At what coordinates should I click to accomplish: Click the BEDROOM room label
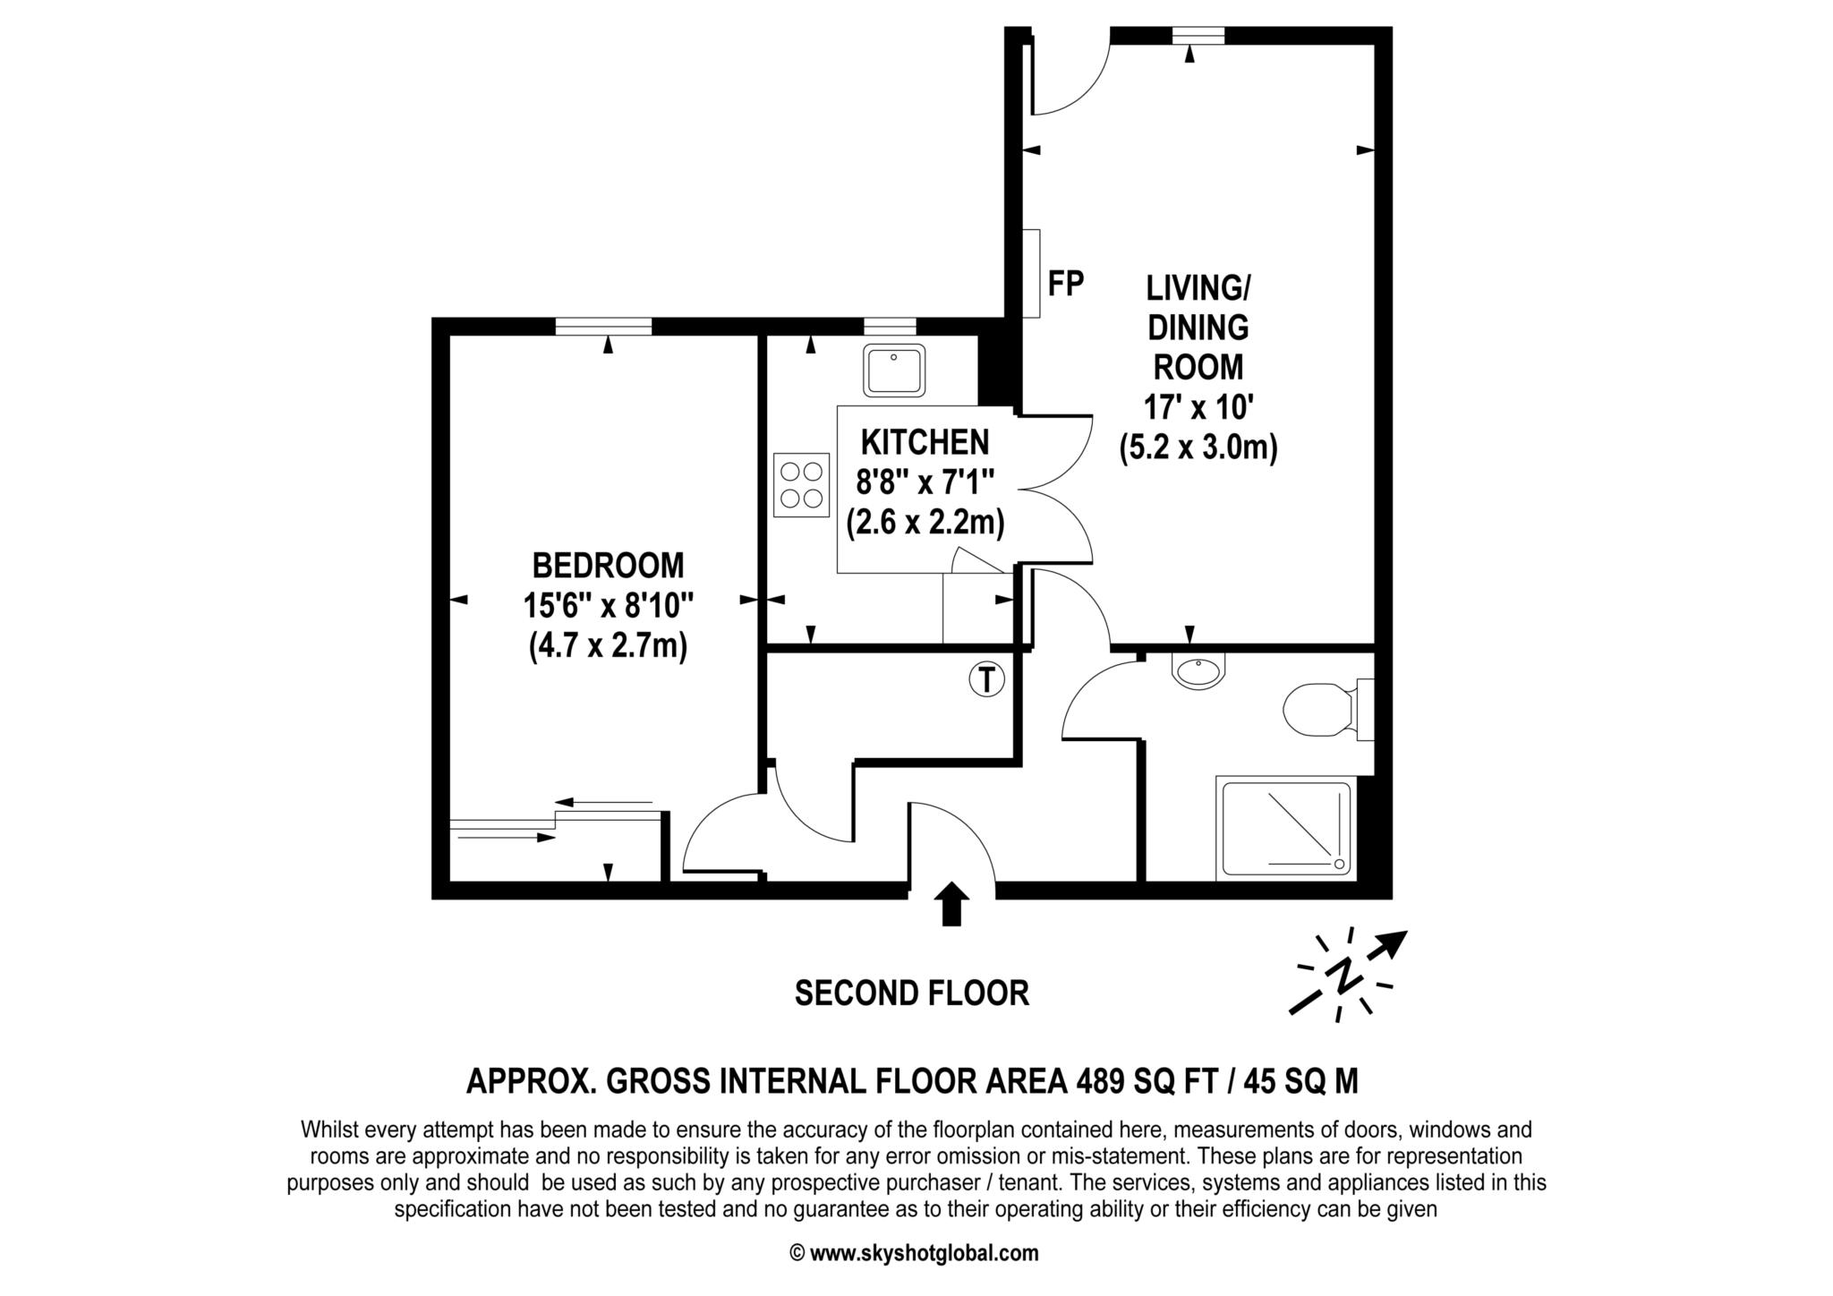[608, 566]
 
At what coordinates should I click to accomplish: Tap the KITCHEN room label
[925, 442]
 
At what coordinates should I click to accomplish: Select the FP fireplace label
[1066, 284]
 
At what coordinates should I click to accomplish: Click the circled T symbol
[986, 679]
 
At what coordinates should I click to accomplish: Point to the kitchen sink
[894, 371]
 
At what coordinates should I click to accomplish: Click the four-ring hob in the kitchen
[802, 483]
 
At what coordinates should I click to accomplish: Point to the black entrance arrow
[951, 905]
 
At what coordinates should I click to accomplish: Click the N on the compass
[1343, 976]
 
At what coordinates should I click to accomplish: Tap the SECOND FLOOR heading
[912, 993]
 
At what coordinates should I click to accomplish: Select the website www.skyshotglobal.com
[925, 1253]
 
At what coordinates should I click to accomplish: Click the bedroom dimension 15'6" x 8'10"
[609, 606]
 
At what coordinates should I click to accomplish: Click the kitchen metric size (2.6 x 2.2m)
[925, 523]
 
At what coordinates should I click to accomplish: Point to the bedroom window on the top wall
[603, 327]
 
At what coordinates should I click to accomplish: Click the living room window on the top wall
[1198, 35]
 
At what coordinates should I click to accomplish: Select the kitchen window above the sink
[890, 327]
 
